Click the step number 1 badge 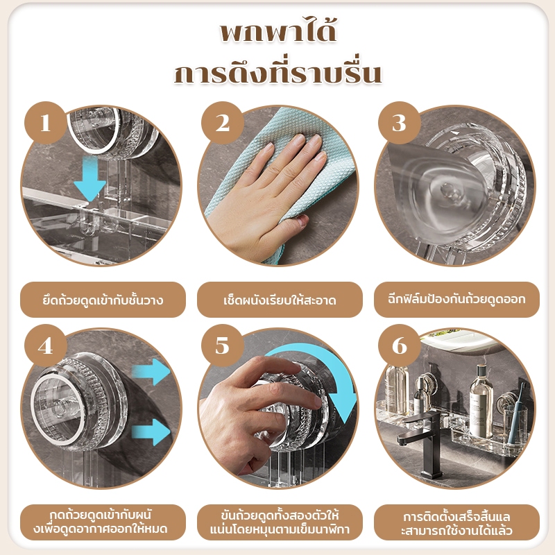[46, 123]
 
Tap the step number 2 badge [223, 123]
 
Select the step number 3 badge [400, 123]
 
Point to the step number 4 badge [46, 345]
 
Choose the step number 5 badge [223, 345]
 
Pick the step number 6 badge [400, 345]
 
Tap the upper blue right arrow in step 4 [151, 372]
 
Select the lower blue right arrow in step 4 [151, 432]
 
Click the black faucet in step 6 [421, 443]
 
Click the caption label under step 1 [103, 300]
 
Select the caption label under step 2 [280, 300]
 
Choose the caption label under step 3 [456, 300]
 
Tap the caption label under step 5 [280, 522]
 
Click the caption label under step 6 [456, 522]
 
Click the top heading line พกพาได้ [278, 32]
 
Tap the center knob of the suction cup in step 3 [447, 191]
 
